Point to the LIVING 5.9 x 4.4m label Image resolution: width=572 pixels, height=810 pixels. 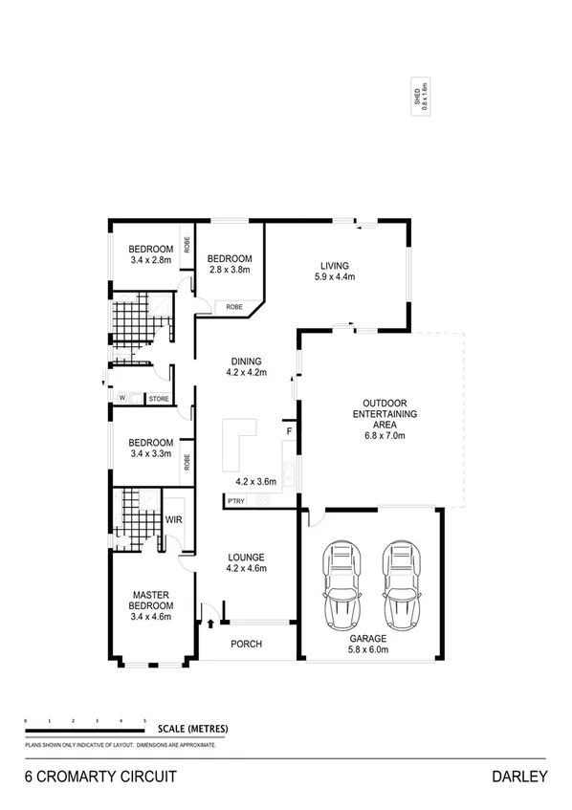coord(334,272)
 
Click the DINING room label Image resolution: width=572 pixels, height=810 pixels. coord(245,366)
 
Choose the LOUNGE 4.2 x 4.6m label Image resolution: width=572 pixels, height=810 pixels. coord(246,562)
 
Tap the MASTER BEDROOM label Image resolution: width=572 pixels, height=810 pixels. coord(152,604)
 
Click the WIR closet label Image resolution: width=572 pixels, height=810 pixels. coord(174,520)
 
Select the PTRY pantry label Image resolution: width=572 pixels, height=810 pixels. coord(235,501)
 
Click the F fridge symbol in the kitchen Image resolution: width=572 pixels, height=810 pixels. coord(288,432)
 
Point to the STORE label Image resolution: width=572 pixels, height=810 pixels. coord(158,398)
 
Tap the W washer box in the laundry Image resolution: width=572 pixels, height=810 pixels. coord(122,398)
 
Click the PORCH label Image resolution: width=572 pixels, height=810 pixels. coord(246,644)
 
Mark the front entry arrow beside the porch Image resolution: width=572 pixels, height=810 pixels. coord(209,624)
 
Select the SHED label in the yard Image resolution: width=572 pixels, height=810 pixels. coord(418,97)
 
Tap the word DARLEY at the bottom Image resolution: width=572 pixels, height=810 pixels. coord(520,777)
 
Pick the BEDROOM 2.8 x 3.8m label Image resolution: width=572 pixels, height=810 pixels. coord(230,264)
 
